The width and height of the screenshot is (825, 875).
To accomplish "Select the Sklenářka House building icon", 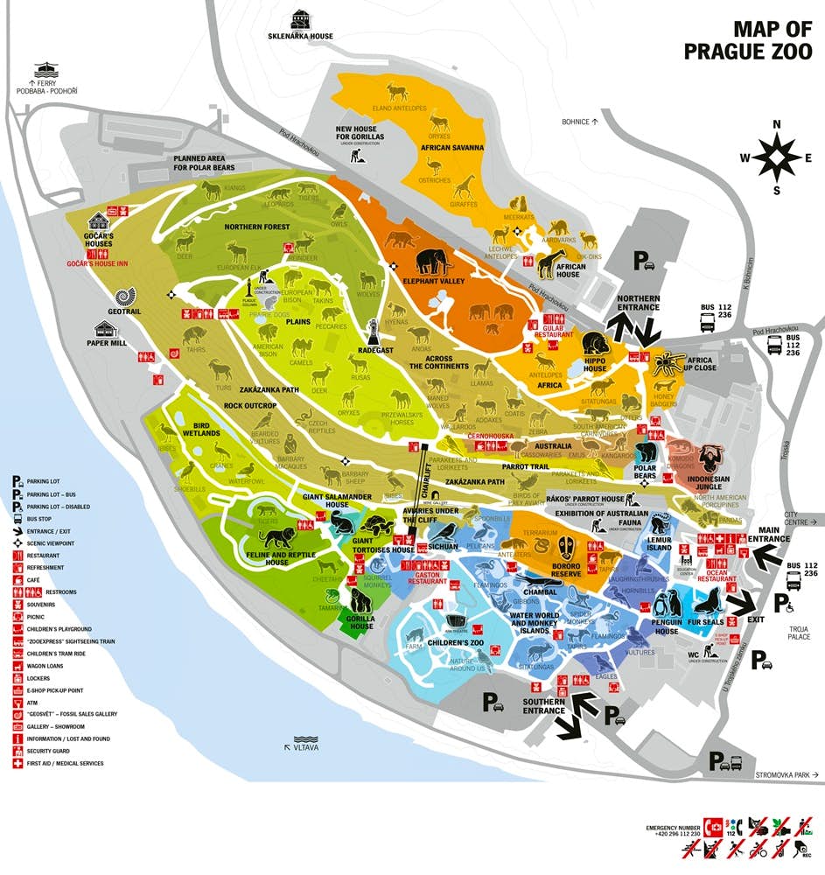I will [301, 19].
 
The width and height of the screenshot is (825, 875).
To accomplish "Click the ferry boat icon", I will [44, 71].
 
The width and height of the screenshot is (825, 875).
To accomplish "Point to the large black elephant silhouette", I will [434, 262].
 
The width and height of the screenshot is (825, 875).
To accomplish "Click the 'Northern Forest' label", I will [256, 227].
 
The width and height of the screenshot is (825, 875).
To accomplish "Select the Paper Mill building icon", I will [108, 328].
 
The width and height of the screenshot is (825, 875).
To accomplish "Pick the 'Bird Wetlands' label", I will [200, 429].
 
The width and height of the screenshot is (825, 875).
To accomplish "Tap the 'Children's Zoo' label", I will [456, 643].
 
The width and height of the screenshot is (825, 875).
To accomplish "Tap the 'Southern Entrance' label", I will [543, 706].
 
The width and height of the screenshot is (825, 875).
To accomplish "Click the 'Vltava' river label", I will [306, 747].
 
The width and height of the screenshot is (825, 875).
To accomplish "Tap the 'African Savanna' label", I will [452, 148].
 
